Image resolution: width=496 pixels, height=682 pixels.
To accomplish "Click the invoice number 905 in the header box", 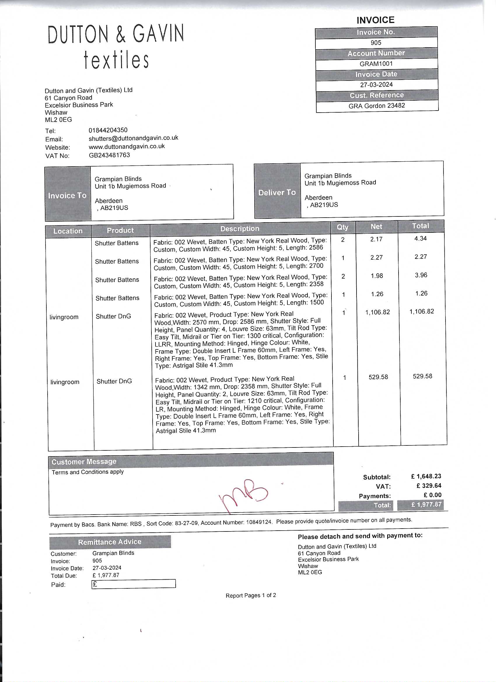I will pos(376,43).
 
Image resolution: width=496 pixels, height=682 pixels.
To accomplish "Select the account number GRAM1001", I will pos(376,64).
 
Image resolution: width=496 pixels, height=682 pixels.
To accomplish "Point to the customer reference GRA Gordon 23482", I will pos(377,106).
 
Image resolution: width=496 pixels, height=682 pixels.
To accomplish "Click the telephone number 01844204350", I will pos(108,130).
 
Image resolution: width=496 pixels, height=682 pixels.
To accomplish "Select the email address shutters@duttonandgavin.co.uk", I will pos(133,138).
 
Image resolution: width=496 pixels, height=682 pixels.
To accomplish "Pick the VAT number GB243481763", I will pos(109,155).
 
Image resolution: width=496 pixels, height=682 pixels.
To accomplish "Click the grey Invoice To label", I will pos(67,196).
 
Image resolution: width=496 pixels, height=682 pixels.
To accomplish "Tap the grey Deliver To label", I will pos(277,193).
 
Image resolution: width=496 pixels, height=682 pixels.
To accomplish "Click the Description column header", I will pos(240,229).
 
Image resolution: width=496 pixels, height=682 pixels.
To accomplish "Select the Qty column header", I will pos(342,227).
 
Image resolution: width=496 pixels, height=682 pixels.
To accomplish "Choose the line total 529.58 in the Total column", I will pos(422,376).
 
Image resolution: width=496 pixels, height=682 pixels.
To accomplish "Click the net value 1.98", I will pos(377,276).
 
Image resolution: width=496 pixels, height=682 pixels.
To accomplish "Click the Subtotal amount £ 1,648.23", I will pos(426,476).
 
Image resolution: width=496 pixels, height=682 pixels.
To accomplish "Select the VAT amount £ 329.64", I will pos(429,486).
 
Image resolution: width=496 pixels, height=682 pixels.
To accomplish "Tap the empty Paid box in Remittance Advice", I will pos(133,584).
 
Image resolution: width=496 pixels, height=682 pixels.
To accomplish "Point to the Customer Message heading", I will pos(84,461).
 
